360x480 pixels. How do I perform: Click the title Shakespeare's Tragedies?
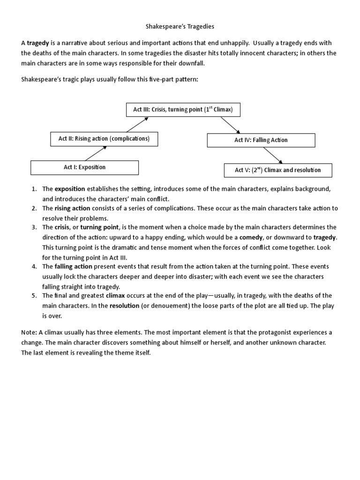[x=180, y=27]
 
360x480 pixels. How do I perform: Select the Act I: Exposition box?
[x=84, y=167]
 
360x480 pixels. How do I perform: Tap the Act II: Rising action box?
[x=104, y=139]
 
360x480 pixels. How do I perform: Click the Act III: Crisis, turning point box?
[x=183, y=110]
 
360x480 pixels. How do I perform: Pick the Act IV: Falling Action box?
[x=261, y=140]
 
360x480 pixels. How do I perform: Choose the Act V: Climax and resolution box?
[x=277, y=170]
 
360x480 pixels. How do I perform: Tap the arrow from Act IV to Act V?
[x=273, y=155]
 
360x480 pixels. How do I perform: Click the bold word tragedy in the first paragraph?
[x=38, y=43]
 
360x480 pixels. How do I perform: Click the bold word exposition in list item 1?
[x=70, y=189]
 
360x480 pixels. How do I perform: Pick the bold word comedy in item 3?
[x=251, y=237]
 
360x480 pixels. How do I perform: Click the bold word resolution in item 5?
[x=125, y=305]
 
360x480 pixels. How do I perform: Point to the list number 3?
[x=34, y=227]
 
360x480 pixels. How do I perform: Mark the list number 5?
[x=34, y=296]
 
